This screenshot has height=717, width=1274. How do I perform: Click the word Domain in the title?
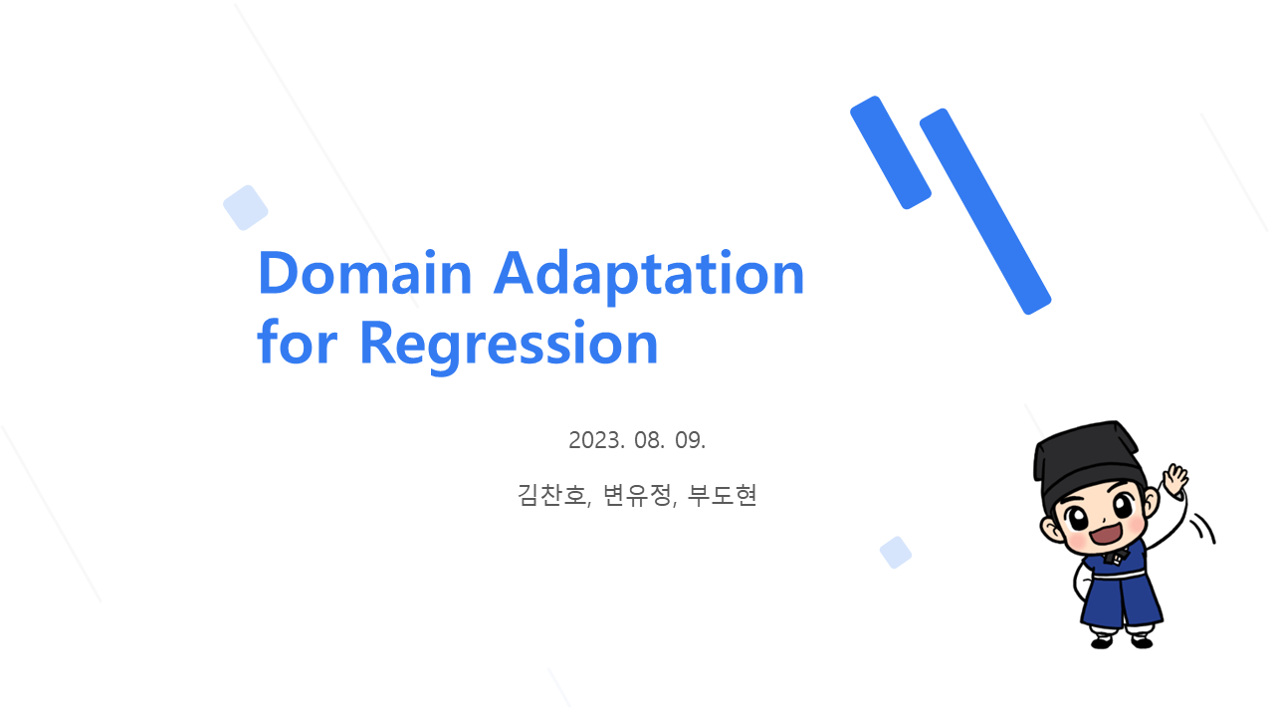click(x=364, y=273)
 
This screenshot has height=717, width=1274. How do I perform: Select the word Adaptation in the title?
click(x=649, y=277)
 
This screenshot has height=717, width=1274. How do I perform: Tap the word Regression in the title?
click(x=509, y=346)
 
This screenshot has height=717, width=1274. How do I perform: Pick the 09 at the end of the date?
click(x=690, y=440)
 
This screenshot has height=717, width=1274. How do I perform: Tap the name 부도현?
click(x=722, y=495)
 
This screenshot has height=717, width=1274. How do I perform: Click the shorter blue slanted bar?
click(x=891, y=152)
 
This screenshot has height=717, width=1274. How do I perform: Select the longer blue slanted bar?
click(x=985, y=211)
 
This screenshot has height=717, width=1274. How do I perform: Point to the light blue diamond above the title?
click(x=246, y=208)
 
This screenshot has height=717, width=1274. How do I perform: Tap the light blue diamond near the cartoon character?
click(x=896, y=552)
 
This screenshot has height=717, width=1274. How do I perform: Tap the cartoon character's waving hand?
click(x=1174, y=479)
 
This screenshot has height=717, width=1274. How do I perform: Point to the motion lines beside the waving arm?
click(x=1203, y=528)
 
